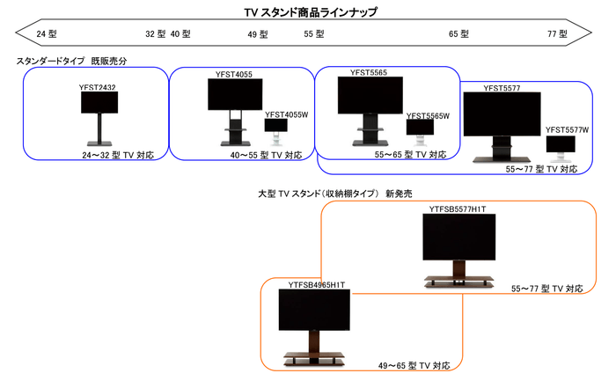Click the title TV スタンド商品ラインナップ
310,11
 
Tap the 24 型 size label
47,33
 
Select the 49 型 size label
258,33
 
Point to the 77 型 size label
557,33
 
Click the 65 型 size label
459,33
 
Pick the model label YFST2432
98,88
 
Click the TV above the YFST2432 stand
99,103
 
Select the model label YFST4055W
284,114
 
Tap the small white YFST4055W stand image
275,130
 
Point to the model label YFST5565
368,72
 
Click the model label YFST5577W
567,130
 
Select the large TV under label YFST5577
502,114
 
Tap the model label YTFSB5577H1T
458,209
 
